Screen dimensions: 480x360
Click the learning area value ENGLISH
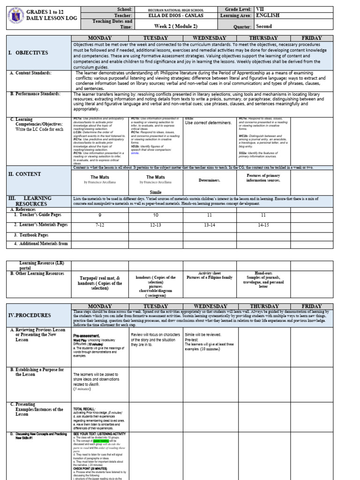pyautogui.click(x=268, y=15)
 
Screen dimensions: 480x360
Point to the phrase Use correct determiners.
pyautogui.click(x=208, y=123)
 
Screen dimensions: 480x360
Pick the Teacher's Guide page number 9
pyautogui.click(x=99, y=215)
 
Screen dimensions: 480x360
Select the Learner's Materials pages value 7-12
pyautogui.click(x=99, y=225)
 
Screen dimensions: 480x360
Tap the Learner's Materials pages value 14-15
pyautogui.click(x=263, y=225)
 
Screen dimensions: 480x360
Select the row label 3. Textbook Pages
pyautogui.click(x=31, y=235)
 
